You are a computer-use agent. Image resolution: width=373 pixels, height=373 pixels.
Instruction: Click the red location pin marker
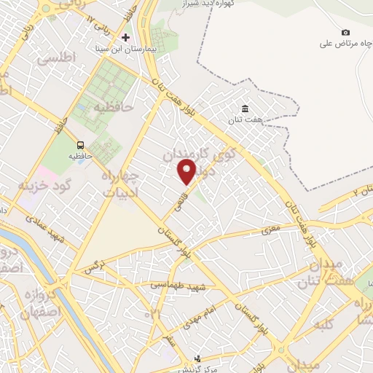tap(187, 172)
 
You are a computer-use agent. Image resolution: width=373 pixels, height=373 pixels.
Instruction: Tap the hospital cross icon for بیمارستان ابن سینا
tap(125, 36)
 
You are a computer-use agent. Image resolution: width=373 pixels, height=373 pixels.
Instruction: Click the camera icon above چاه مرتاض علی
tap(345, 32)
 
